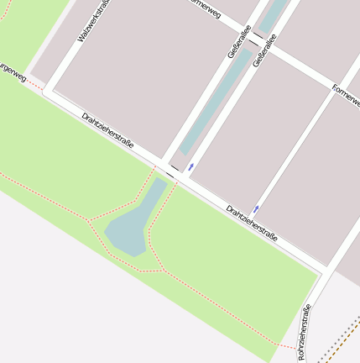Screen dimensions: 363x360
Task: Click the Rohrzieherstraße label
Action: point(305,334)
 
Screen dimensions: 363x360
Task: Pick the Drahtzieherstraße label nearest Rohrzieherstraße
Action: point(252,223)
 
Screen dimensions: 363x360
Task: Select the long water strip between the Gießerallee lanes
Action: point(217,101)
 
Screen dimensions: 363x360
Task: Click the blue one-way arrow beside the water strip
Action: point(191,166)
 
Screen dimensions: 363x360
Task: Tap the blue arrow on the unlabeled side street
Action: point(257,207)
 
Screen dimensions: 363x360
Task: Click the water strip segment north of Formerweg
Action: point(274,14)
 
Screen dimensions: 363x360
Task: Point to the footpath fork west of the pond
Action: point(89,221)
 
